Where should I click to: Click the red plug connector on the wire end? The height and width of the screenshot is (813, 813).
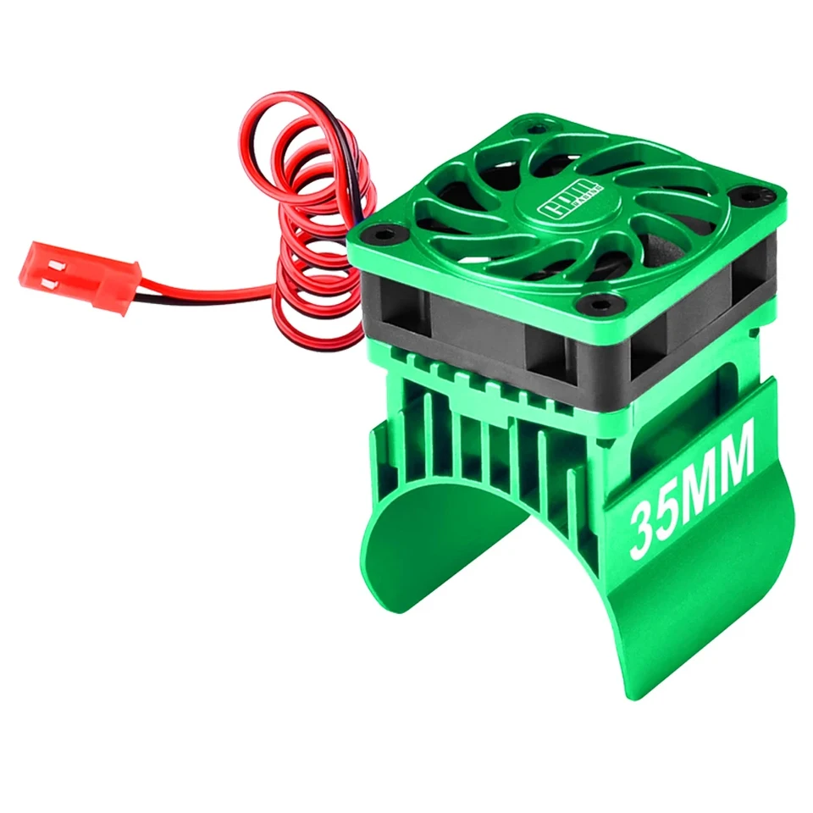[x=80, y=275]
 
